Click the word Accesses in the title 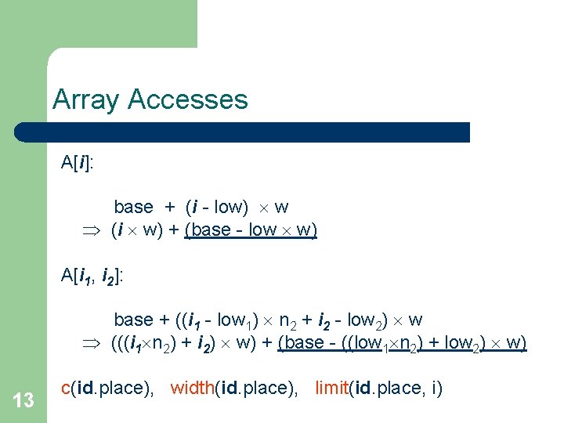click(x=187, y=99)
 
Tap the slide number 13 click(x=23, y=401)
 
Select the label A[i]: click(x=78, y=163)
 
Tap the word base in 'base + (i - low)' click(x=133, y=208)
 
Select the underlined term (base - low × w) click(x=251, y=230)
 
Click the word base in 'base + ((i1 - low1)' click(x=133, y=320)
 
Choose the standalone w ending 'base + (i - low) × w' click(x=281, y=208)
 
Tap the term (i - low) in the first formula click(x=217, y=208)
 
